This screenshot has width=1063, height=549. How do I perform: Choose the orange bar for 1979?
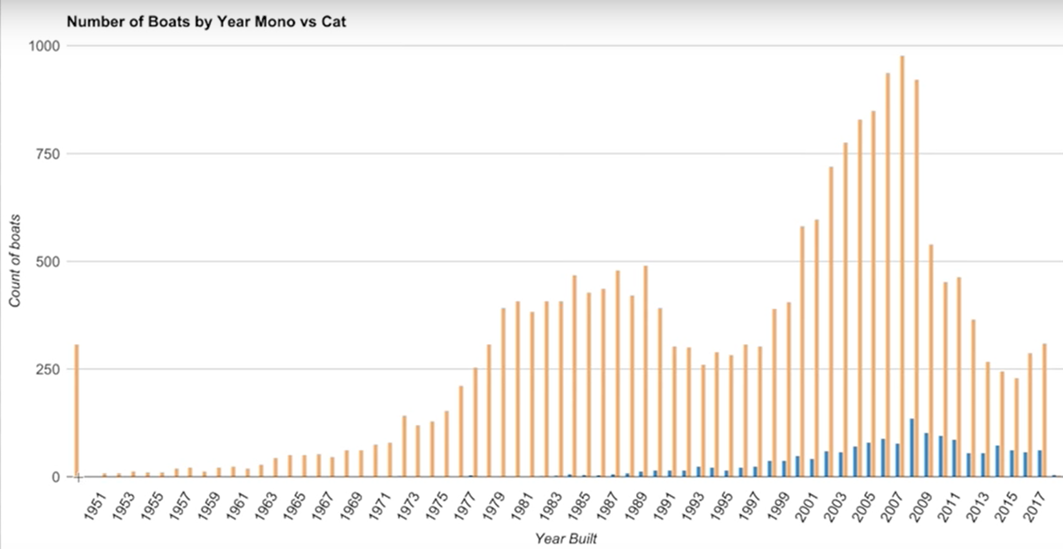pos(504,392)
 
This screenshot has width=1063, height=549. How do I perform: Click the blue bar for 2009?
pos(926,455)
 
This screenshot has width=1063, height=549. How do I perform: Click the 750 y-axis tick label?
pos(48,154)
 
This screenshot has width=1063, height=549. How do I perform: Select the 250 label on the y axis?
pos(48,369)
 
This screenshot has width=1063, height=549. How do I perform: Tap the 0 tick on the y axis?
pos(56,477)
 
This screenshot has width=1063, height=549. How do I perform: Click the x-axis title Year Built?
pos(566,538)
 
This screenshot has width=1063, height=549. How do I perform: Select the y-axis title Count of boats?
pos(15,261)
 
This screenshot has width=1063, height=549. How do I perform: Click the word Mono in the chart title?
pos(275,22)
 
